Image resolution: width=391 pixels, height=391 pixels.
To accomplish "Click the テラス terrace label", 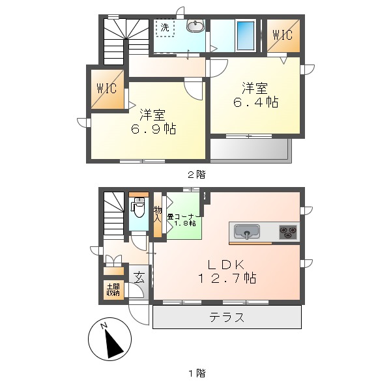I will [x=227, y=318].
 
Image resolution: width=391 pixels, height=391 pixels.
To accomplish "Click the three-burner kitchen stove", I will [x=288, y=231].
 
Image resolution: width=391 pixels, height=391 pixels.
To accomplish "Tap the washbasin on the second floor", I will [x=195, y=26].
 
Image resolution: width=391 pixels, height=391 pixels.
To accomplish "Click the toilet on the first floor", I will [x=138, y=210].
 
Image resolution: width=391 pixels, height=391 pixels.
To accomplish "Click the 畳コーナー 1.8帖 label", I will [x=184, y=220].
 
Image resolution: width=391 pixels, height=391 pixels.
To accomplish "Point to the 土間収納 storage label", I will [x=113, y=289].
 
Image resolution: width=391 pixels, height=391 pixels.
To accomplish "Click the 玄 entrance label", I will [x=139, y=276].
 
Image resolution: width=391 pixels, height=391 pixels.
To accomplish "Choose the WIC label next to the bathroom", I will [x=282, y=35].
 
